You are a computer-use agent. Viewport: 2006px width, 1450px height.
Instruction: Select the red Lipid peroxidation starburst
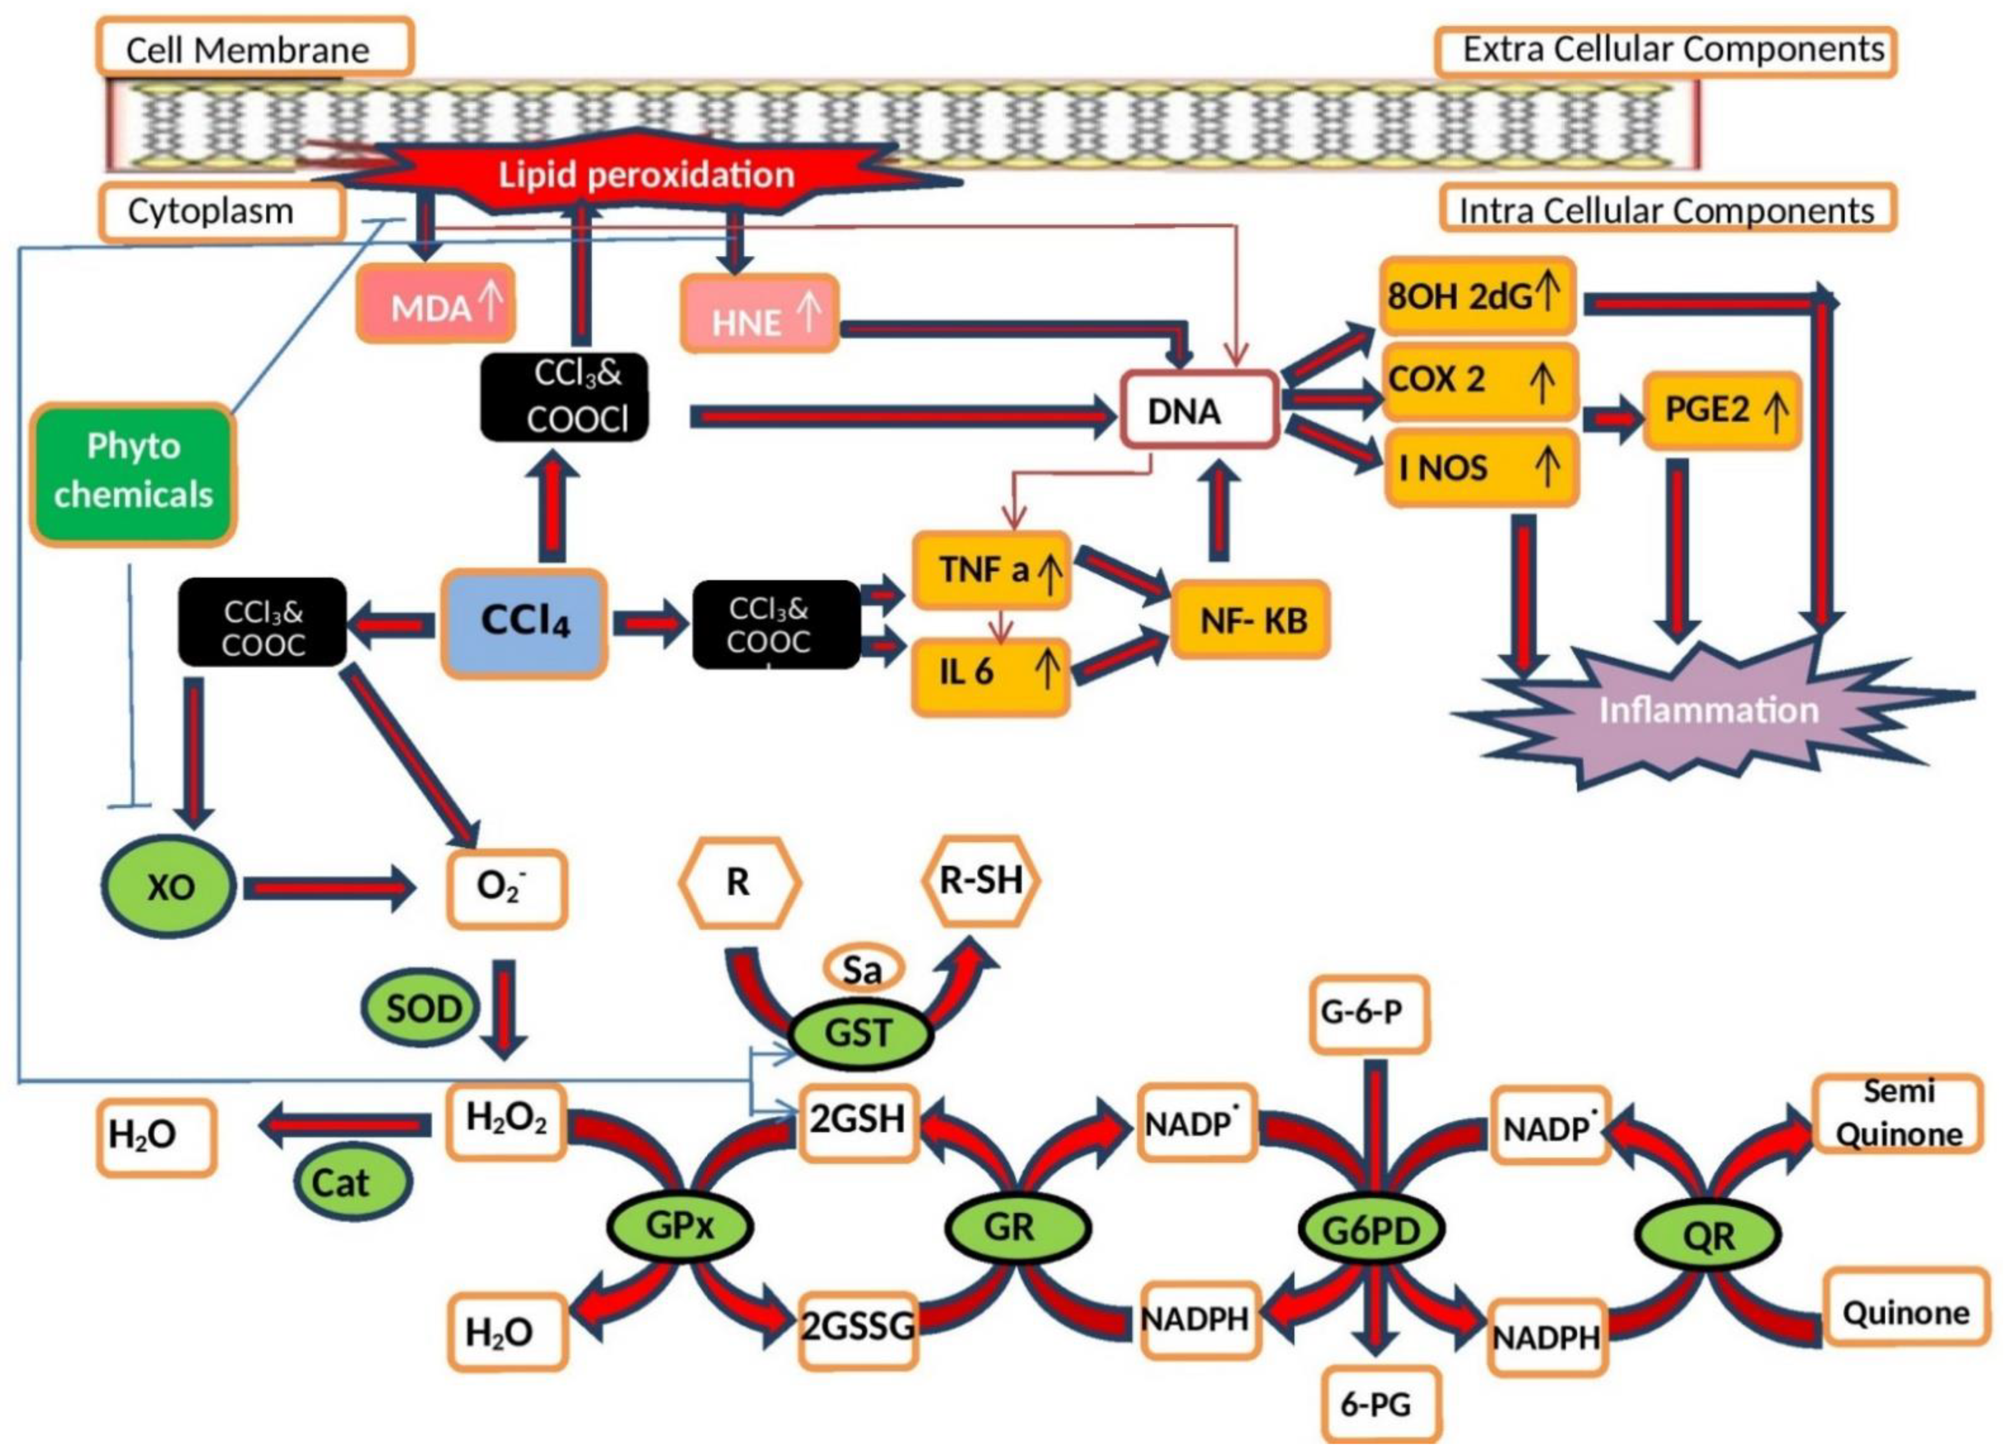(646, 174)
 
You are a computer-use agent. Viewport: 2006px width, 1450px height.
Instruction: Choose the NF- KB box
(1251, 620)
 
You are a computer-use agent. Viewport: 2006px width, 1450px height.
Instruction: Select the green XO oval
(169, 886)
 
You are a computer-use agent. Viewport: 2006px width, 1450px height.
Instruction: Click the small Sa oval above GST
(862, 970)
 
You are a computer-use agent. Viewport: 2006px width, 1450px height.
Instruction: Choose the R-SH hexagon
(980, 880)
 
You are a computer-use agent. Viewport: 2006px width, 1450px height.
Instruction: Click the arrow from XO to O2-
(327, 887)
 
